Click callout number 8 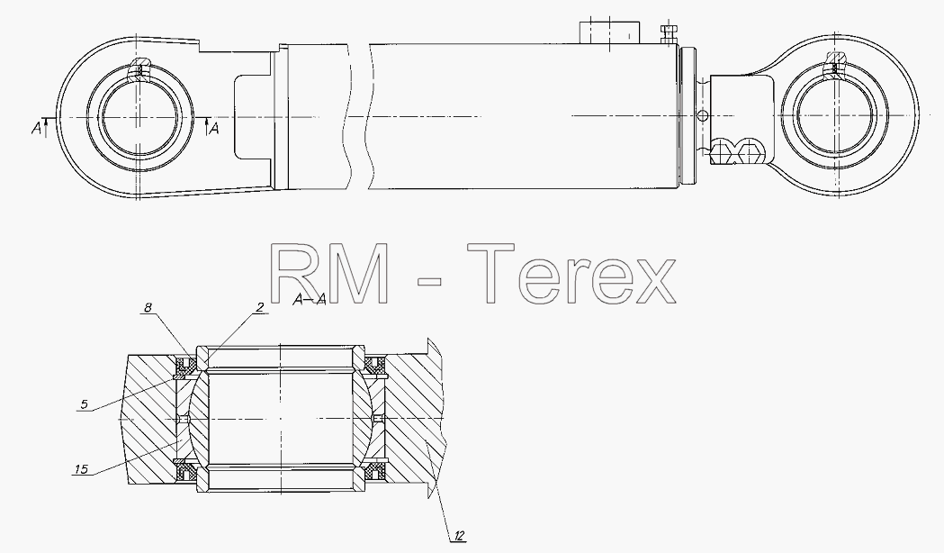pyautogui.click(x=148, y=308)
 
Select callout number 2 pyautogui.click(x=260, y=307)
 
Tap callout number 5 pyautogui.click(x=85, y=404)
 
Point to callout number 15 pyautogui.click(x=82, y=468)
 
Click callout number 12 pyautogui.click(x=459, y=535)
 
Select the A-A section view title pyautogui.click(x=310, y=299)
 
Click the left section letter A pyautogui.click(x=37, y=128)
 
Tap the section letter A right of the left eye pyautogui.click(x=213, y=128)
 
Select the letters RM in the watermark pyautogui.click(x=330, y=274)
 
